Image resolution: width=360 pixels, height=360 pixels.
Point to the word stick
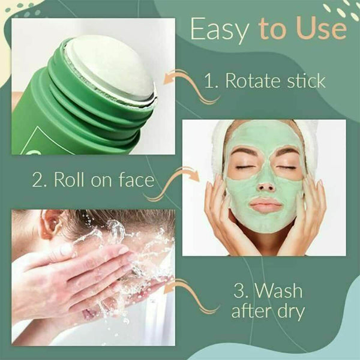[x=308, y=82]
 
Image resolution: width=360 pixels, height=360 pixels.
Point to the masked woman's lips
[x=266, y=205]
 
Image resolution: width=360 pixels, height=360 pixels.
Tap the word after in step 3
[x=250, y=313]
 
